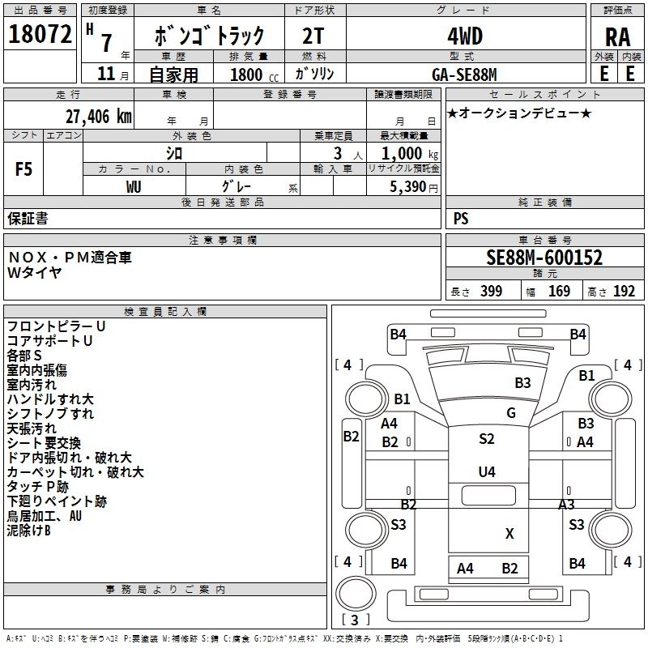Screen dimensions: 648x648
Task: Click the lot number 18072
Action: tap(39, 35)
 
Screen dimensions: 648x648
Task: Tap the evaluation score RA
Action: tap(617, 36)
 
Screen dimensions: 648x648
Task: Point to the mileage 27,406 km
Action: tap(96, 116)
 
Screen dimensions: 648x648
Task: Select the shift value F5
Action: tap(23, 169)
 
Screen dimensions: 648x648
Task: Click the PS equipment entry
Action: tap(461, 219)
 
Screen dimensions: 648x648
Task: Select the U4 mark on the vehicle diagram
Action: tap(486, 471)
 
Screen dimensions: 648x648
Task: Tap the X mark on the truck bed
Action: tap(509, 533)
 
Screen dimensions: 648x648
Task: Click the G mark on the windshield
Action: tap(511, 412)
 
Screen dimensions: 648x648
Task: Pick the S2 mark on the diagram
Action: tap(486, 439)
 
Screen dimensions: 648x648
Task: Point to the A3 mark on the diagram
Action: tap(566, 504)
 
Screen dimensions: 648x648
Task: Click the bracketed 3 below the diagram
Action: tap(357, 620)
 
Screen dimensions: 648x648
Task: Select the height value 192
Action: tap(624, 292)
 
